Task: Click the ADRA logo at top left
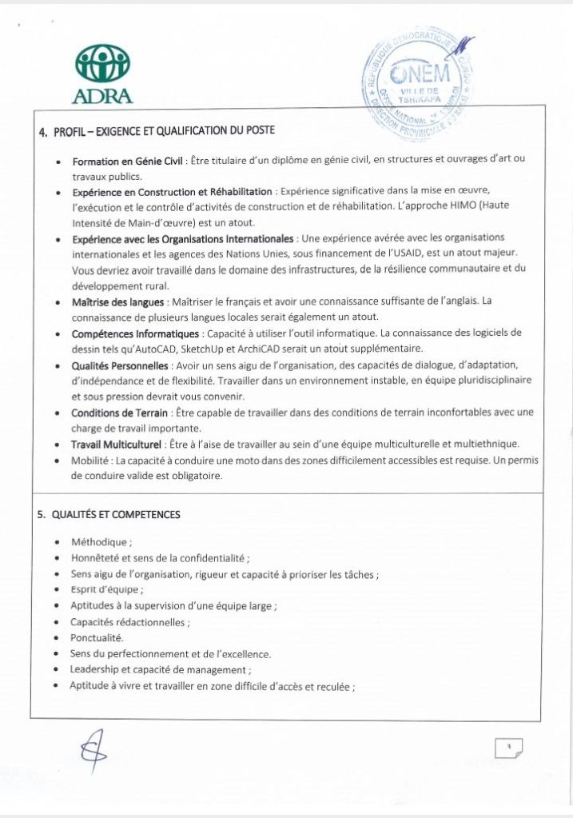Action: (x=101, y=74)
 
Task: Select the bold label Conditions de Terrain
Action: (x=119, y=413)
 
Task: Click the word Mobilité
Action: (x=90, y=461)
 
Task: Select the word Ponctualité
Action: (x=96, y=638)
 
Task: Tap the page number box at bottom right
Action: (x=508, y=748)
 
